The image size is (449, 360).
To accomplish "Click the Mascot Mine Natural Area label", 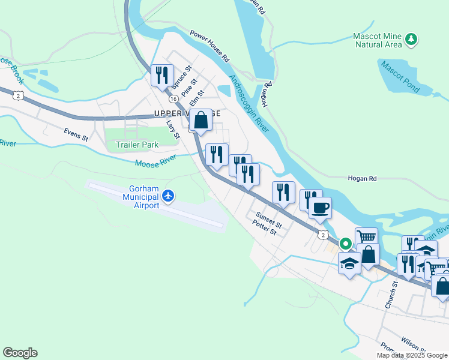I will click(x=378, y=40).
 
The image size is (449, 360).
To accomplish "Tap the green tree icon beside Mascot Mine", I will click(x=411, y=40).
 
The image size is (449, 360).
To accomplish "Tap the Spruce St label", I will click(x=182, y=76).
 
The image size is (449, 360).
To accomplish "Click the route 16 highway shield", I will click(x=173, y=98).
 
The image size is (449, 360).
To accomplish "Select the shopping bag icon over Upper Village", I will click(x=202, y=119).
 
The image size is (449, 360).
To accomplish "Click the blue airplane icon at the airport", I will click(x=169, y=196).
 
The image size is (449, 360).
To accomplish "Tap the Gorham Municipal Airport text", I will click(x=141, y=196).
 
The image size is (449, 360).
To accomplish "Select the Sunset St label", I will click(x=268, y=217).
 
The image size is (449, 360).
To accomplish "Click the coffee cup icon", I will click(x=320, y=208).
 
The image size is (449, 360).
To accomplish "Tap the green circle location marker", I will click(x=345, y=244).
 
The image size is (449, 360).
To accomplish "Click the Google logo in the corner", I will click(x=20, y=353).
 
